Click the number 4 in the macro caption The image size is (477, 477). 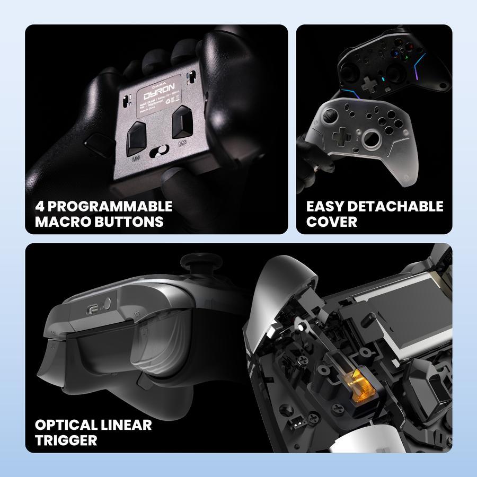point(40,206)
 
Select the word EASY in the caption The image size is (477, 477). point(326,206)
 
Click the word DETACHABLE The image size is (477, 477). point(397,206)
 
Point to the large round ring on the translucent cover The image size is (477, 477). point(373,139)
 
